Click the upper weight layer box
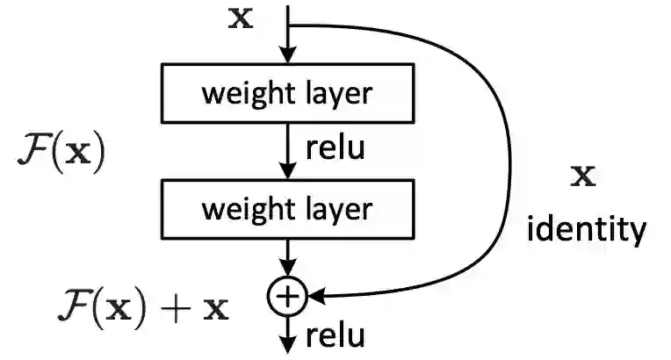click(287, 94)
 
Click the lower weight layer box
click(287, 209)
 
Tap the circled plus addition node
click(287, 298)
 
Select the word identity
click(586, 230)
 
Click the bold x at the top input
click(240, 18)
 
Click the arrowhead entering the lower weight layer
click(287, 174)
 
